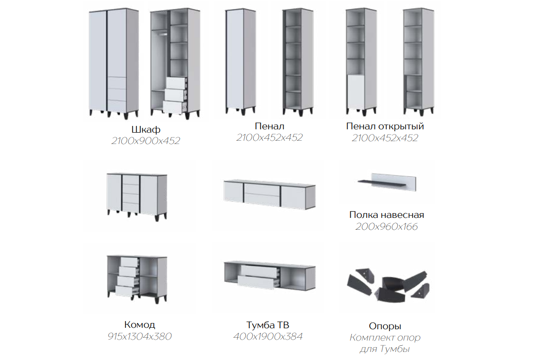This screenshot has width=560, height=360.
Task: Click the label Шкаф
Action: pyautogui.click(x=146, y=129)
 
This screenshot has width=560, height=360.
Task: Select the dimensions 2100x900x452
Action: pyautogui.click(x=146, y=141)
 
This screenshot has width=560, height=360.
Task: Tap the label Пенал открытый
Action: pyautogui.click(x=385, y=126)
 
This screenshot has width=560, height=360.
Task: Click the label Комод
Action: pyautogui.click(x=140, y=324)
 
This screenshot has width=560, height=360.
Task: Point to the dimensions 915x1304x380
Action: pyautogui.click(x=140, y=336)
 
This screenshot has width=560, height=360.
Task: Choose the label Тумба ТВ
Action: pyautogui.click(x=268, y=325)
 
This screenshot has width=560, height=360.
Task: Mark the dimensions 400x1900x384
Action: pyautogui.click(x=268, y=336)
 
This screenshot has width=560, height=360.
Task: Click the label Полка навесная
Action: pyautogui.click(x=387, y=215)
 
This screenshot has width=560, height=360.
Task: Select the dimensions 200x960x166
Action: pyautogui.click(x=387, y=226)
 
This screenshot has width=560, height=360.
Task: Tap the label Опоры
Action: pyautogui.click(x=385, y=326)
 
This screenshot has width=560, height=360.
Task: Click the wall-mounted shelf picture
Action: pyautogui.click(x=387, y=182)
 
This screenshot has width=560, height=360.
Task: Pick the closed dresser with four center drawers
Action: pyautogui.click(x=137, y=196)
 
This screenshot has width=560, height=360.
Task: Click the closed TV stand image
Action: pyautogui.click(x=270, y=194)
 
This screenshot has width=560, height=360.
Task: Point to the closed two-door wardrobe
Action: pyautogui.click(x=114, y=63)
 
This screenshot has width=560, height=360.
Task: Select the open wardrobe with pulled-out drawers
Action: pyautogui.click(x=175, y=63)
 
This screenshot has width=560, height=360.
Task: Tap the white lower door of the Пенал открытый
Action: pyautogui.click(x=356, y=91)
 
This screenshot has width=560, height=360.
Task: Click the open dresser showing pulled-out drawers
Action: pyautogui.click(x=137, y=278)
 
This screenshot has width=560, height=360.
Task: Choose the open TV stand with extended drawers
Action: pyautogui.click(x=270, y=275)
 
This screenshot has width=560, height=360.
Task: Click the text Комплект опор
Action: pyautogui.click(x=385, y=337)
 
